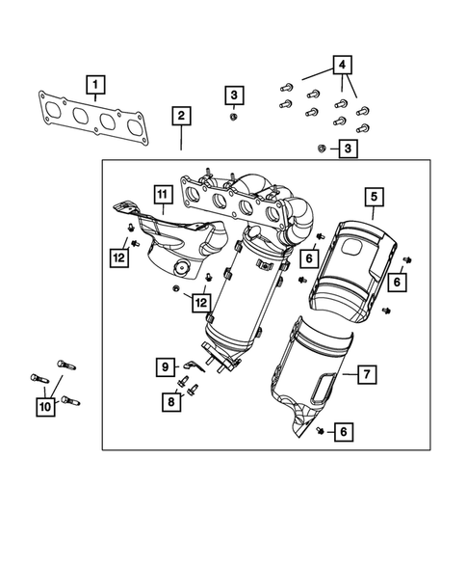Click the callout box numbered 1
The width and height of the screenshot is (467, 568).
coord(95,84)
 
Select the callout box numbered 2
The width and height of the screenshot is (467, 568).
coord(181,117)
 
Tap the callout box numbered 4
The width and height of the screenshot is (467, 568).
coord(341,66)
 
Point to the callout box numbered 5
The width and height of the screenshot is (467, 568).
coord(374,199)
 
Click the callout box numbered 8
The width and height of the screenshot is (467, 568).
coord(170,402)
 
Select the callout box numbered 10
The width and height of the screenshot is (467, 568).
coord(44,408)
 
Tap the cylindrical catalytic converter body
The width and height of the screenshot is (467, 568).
coord(241,299)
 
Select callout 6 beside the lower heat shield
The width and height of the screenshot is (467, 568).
coord(342,434)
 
